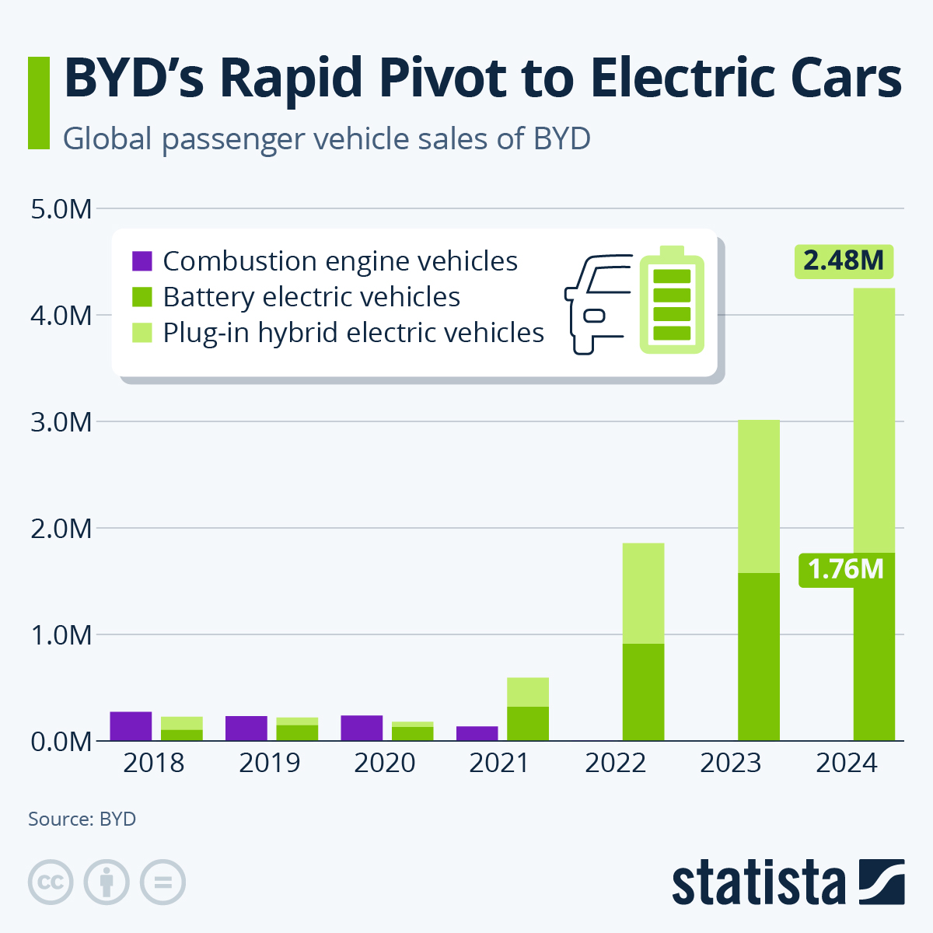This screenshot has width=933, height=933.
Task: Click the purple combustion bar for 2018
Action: click(131, 726)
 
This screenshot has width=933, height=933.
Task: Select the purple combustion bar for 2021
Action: click(477, 733)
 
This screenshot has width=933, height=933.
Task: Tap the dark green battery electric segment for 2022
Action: click(643, 692)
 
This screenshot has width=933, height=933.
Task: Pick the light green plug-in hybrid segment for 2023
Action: click(758, 496)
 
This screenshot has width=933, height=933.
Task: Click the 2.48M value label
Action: click(844, 260)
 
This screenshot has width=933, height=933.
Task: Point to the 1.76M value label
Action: click(845, 570)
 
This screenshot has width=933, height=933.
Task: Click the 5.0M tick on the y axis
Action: click(61, 209)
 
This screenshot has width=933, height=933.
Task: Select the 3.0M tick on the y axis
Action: click(61, 422)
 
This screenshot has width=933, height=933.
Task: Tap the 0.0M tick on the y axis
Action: click(61, 742)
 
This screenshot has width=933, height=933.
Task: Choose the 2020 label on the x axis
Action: click(385, 764)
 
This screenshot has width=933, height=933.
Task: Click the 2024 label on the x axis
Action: click(846, 764)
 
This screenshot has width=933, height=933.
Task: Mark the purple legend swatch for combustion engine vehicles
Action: click(142, 261)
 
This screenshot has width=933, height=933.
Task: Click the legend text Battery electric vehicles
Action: click(312, 297)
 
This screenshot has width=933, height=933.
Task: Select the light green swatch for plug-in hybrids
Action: click(142, 333)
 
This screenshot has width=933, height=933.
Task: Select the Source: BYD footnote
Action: click(82, 819)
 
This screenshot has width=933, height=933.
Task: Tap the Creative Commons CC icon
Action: click(51, 882)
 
